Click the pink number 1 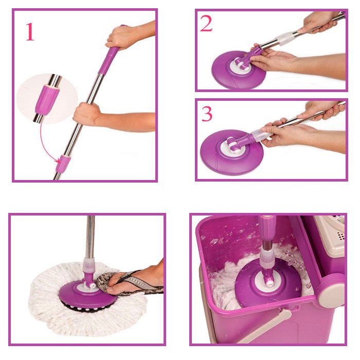pos(30,32)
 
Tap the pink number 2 pos(206,23)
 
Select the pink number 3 pos(207,114)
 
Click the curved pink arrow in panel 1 pos(47,146)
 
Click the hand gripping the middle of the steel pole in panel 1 pos(87,114)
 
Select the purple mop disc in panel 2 pos(239,69)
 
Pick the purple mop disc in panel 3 pos(232,152)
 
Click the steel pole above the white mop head pos(90,237)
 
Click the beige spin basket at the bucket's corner pos(330,237)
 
